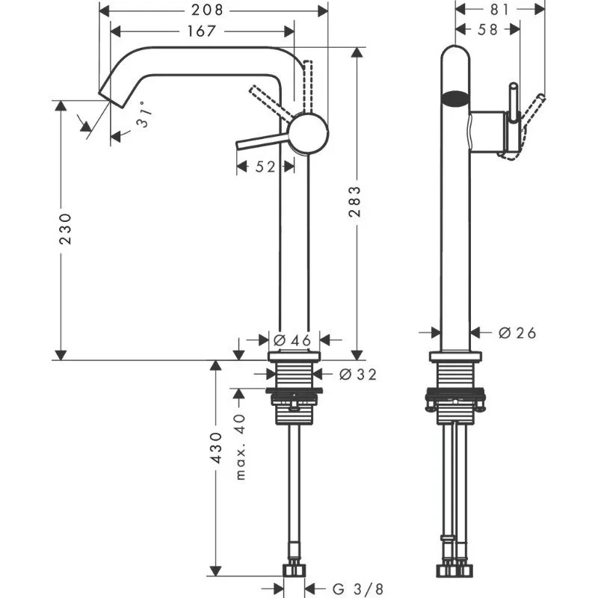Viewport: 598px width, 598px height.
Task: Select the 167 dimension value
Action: point(201,31)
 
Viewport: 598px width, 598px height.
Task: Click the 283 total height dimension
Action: point(357,201)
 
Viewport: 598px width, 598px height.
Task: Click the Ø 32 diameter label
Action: point(357,374)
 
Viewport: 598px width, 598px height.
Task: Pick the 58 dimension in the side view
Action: point(488,31)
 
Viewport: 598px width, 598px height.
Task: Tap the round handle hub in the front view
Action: point(308,134)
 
